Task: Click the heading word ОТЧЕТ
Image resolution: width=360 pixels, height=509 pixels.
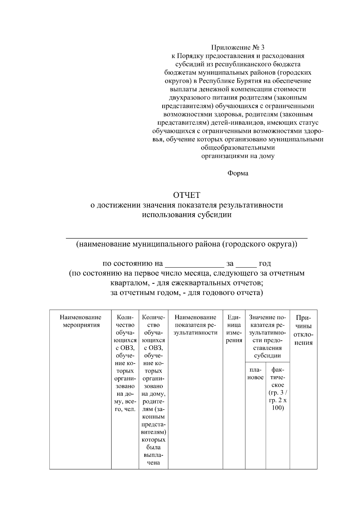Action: tap(187, 195)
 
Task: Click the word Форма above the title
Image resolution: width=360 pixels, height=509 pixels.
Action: tap(238, 173)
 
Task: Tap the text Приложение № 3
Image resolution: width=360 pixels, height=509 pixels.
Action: tap(238, 47)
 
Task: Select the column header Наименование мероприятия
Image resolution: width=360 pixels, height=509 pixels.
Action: tap(80, 321)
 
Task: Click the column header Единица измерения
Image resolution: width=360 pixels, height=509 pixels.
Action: tap(234, 329)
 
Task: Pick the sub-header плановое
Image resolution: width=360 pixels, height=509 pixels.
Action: tap(255, 374)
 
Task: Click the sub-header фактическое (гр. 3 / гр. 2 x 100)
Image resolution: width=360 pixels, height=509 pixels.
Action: tap(278, 389)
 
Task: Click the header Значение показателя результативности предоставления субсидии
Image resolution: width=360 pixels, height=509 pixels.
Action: tap(267, 336)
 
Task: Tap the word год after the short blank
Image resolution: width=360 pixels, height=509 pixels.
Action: tap(265, 263)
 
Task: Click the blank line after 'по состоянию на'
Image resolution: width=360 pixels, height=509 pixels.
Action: tap(195, 264)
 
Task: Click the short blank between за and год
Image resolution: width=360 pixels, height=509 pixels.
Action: tap(246, 264)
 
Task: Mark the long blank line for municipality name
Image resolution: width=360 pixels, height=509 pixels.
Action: tap(187, 238)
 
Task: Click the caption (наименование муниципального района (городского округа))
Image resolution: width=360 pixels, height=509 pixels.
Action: tap(187, 244)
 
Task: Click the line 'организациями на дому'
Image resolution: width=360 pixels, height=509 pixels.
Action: tap(238, 156)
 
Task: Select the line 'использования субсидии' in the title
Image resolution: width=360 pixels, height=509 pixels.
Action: tap(187, 215)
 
